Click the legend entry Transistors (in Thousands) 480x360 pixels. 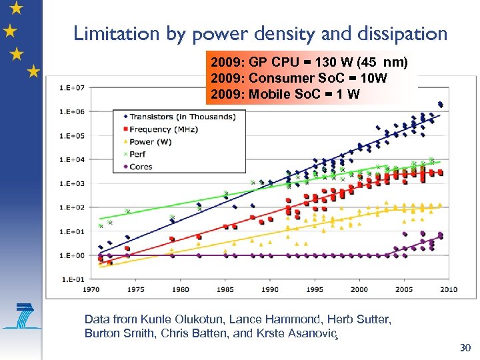pos(182,117)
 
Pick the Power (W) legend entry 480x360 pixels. pos(151,142)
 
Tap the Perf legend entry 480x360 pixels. pos(138,154)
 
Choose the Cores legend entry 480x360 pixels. pos(141,167)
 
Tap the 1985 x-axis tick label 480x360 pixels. pos(225,289)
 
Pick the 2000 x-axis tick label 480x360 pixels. pos(359,289)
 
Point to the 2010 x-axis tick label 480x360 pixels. pos(449,289)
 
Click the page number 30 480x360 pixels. pos(465,348)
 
